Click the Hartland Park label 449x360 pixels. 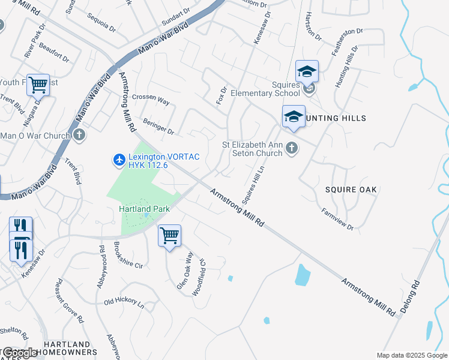pyautogui.click(x=145, y=209)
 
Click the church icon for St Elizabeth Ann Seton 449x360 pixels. pyautogui.click(x=291, y=148)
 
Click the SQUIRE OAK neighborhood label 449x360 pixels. pyautogui.click(x=351, y=190)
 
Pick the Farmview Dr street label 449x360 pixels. pyautogui.click(x=337, y=219)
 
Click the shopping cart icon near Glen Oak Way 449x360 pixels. pyautogui.click(x=170, y=235)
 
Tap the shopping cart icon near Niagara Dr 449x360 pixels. pyautogui.click(x=38, y=85)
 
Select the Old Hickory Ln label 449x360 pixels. pyautogui.click(x=124, y=304)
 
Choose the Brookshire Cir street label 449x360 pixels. pyautogui.click(x=127, y=255)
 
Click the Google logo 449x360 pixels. pyautogui.click(x=20, y=353)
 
